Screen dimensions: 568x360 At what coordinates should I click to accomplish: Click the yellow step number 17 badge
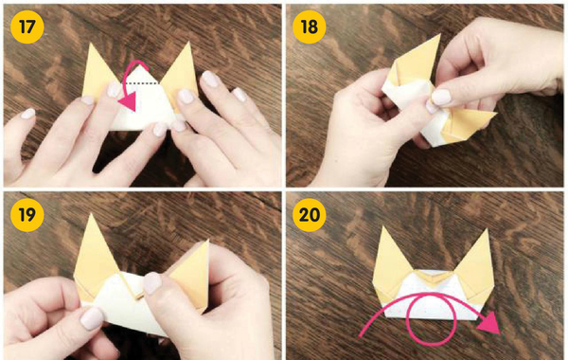pos(27,27)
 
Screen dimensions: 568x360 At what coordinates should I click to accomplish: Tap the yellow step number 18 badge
pos(309,27)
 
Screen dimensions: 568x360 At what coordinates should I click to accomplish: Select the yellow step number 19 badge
pos(27,215)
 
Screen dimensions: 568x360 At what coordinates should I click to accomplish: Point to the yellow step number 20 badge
pos(309,215)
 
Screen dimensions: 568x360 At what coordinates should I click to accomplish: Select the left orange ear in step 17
pos(98,74)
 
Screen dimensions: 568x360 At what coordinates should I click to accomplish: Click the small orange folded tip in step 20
pos(434,279)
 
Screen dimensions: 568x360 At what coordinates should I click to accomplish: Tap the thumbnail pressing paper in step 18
pos(441,98)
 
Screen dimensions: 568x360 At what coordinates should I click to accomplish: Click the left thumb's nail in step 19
pos(93,318)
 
